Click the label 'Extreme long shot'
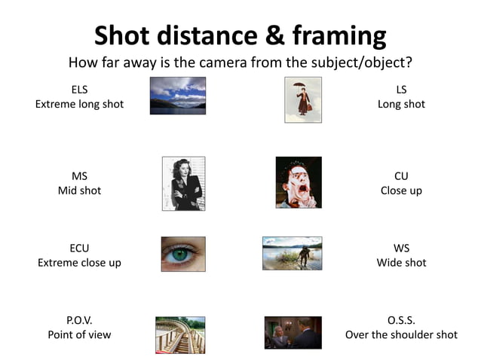click(x=79, y=104)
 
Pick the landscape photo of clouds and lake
click(x=178, y=96)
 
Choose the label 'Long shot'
click(x=401, y=104)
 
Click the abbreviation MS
click(x=79, y=176)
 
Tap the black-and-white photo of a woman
click(x=183, y=184)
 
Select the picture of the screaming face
click(x=299, y=182)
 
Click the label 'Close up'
click(x=401, y=191)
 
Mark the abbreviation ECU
click(x=79, y=248)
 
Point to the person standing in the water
click(x=303, y=255)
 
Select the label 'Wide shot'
click(x=401, y=262)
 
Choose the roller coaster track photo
click(x=180, y=334)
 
